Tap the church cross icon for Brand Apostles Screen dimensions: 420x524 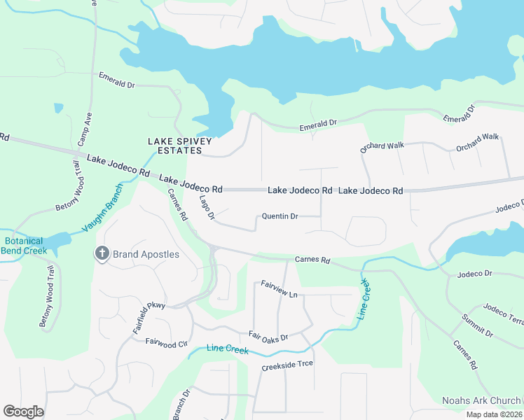click(x=102, y=253)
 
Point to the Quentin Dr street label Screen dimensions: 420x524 click(x=280, y=216)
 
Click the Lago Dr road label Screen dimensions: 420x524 click(x=207, y=207)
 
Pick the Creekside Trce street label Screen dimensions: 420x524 click(x=287, y=365)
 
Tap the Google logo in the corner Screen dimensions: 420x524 click(x=23, y=412)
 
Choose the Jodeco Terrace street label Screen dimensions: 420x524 click(x=504, y=313)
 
